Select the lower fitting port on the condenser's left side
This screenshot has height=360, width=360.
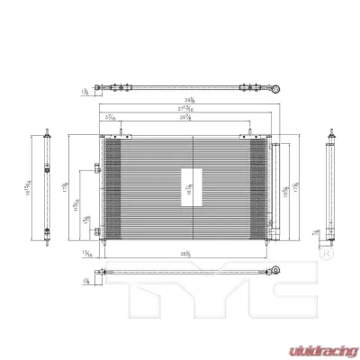(x=95, y=232)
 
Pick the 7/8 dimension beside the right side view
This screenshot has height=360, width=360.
(x=318, y=232)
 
